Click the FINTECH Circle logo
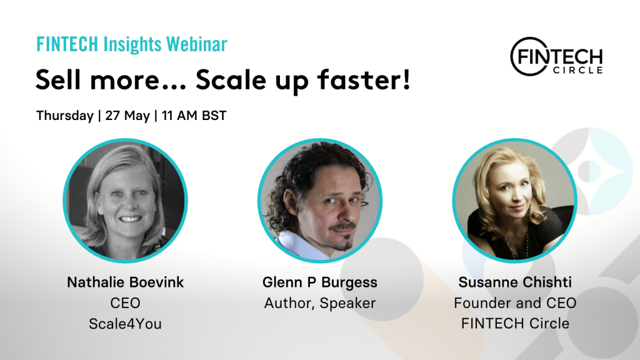[x=556, y=57]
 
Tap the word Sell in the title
[x=58, y=79]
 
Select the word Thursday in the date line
[x=65, y=116]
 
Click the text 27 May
[x=127, y=116]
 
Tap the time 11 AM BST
[x=194, y=116]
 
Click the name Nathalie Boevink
[x=125, y=282]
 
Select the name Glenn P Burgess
[x=319, y=282]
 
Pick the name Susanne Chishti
[x=515, y=282]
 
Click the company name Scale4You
[x=125, y=324]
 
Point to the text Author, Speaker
[x=319, y=303]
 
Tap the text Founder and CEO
[x=515, y=303]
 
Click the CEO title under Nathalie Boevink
[x=125, y=303]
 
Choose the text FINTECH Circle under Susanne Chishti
[x=515, y=324]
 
